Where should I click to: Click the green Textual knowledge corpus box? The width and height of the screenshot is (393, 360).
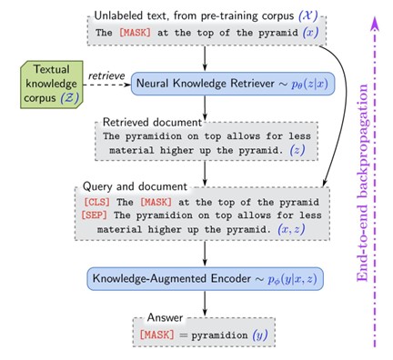click(x=52, y=85)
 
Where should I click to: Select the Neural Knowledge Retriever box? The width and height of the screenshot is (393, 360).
click(x=233, y=84)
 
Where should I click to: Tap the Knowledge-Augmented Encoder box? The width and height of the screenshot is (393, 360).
click(x=206, y=279)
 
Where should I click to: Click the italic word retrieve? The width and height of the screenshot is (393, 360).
click(x=106, y=75)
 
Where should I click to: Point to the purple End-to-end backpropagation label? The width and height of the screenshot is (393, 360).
click(x=362, y=183)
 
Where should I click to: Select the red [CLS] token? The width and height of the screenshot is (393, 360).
click(x=96, y=202)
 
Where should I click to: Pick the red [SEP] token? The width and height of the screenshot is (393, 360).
click(x=95, y=215)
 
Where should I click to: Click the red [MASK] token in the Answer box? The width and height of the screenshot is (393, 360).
click(x=157, y=335)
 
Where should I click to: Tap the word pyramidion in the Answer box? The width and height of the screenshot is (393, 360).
click(x=219, y=335)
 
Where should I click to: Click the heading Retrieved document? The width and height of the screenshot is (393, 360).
click(x=152, y=122)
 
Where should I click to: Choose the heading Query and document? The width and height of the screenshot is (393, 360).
click(x=135, y=186)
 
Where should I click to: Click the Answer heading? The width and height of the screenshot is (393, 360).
click(x=165, y=317)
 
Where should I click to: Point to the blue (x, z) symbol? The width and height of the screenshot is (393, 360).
click(x=291, y=229)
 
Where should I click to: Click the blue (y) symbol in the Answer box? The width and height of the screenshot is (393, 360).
click(x=260, y=335)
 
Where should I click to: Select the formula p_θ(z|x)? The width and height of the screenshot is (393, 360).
click(x=309, y=84)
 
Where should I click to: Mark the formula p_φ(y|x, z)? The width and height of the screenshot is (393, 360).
click(x=292, y=279)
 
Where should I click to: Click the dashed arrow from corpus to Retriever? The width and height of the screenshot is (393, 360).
click(x=107, y=85)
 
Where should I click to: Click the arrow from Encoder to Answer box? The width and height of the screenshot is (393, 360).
click(x=205, y=304)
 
